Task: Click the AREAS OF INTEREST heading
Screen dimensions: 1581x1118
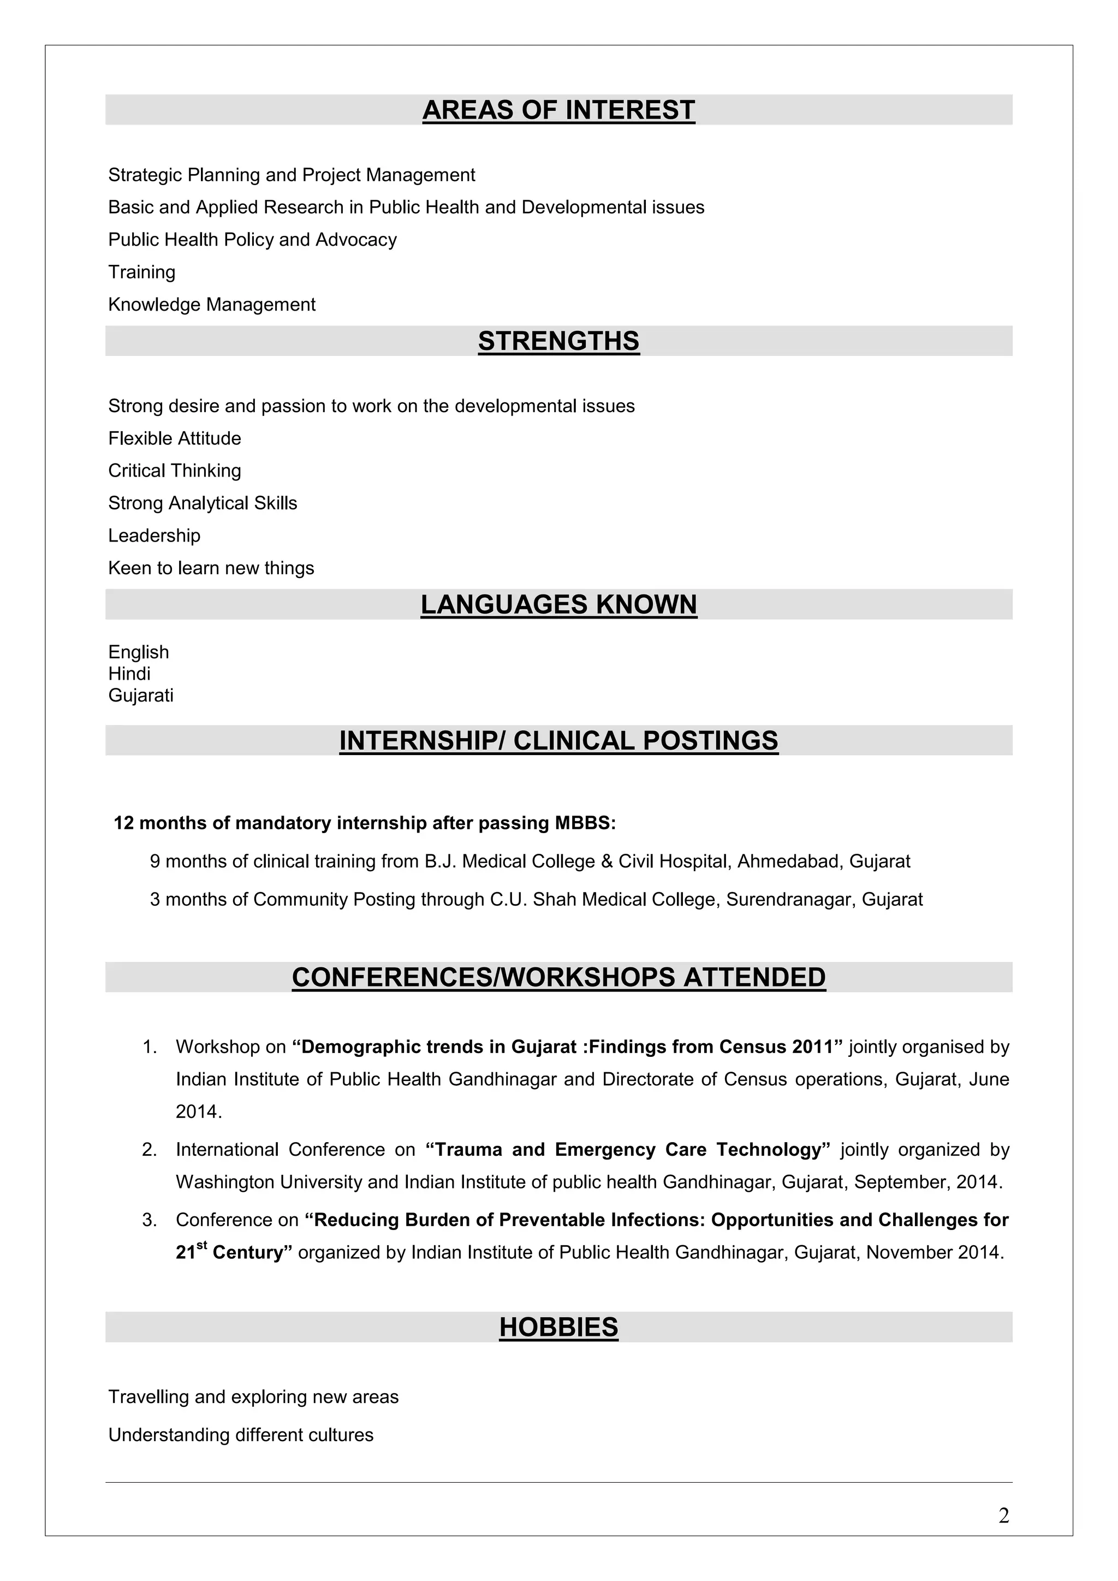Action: pyautogui.click(x=558, y=110)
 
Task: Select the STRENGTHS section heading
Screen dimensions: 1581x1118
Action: pyautogui.click(x=558, y=341)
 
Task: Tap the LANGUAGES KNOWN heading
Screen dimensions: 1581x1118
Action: pyautogui.click(x=558, y=604)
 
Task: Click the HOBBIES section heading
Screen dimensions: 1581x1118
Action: pyautogui.click(x=558, y=1327)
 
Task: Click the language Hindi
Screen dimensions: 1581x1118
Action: pyautogui.click(x=129, y=674)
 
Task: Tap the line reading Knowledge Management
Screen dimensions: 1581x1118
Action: pyautogui.click(x=211, y=305)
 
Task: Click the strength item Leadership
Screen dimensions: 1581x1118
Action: pyautogui.click(x=154, y=535)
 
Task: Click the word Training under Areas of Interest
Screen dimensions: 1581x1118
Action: pyautogui.click(x=142, y=272)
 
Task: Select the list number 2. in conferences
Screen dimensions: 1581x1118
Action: pyautogui.click(x=150, y=1149)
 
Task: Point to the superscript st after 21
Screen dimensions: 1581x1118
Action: pyautogui.click(x=201, y=1245)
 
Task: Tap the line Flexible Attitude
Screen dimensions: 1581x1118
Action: pyautogui.click(x=174, y=438)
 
